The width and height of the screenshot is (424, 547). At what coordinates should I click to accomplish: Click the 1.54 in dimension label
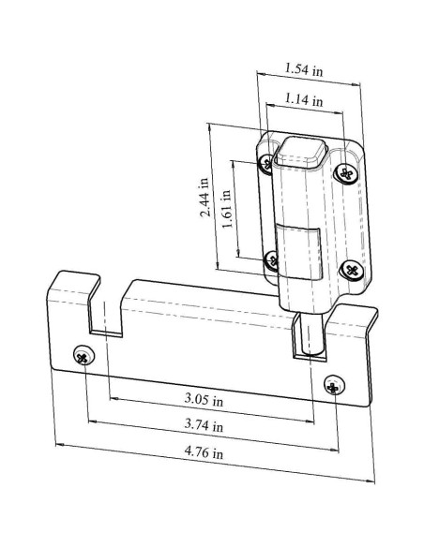pyautogui.click(x=304, y=68)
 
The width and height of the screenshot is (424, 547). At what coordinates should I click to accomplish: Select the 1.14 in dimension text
pyautogui.click(x=304, y=99)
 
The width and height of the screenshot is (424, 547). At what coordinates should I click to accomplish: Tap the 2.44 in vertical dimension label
pyautogui.click(x=205, y=197)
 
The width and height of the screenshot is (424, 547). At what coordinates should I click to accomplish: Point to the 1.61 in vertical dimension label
pyautogui.click(x=227, y=208)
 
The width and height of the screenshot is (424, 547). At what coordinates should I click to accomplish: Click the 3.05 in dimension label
pyautogui.click(x=204, y=399)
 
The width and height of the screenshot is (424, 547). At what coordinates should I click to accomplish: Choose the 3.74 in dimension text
pyautogui.click(x=204, y=425)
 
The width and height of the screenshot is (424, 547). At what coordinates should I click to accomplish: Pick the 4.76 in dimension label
pyautogui.click(x=204, y=452)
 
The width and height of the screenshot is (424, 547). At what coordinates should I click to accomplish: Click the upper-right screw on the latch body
pyautogui.click(x=346, y=172)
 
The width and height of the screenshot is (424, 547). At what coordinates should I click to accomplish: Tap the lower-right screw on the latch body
pyautogui.click(x=352, y=270)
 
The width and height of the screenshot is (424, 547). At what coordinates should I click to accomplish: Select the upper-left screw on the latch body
pyautogui.click(x=266, y=163)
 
